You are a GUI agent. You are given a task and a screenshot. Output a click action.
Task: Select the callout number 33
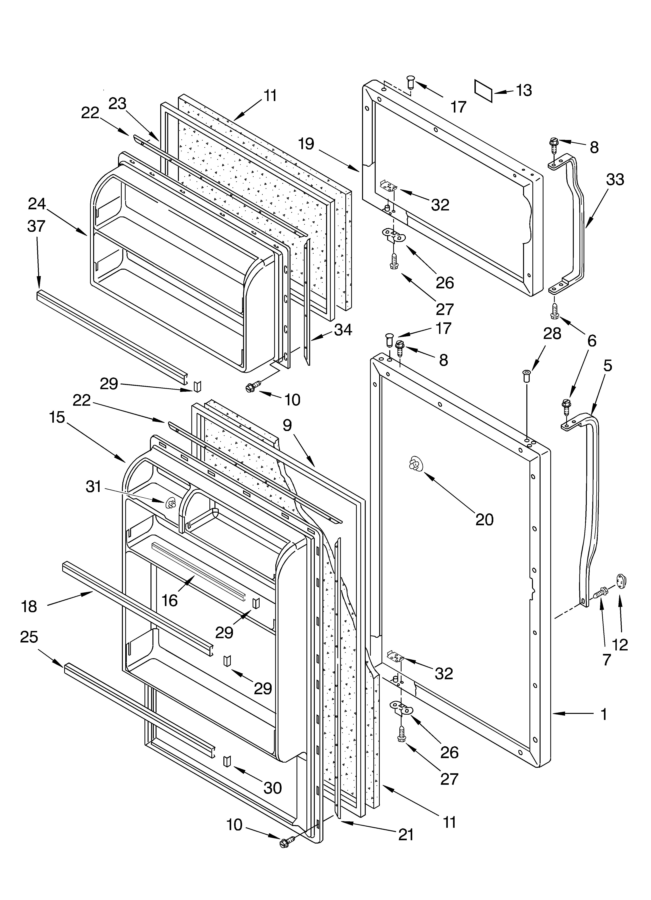tap(615, 180)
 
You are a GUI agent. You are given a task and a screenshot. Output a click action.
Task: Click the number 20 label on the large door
tap(485, 519)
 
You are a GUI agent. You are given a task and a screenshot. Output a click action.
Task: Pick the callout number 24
tap(37, 204)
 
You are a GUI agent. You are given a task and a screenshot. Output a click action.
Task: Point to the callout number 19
tap(306, 144)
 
